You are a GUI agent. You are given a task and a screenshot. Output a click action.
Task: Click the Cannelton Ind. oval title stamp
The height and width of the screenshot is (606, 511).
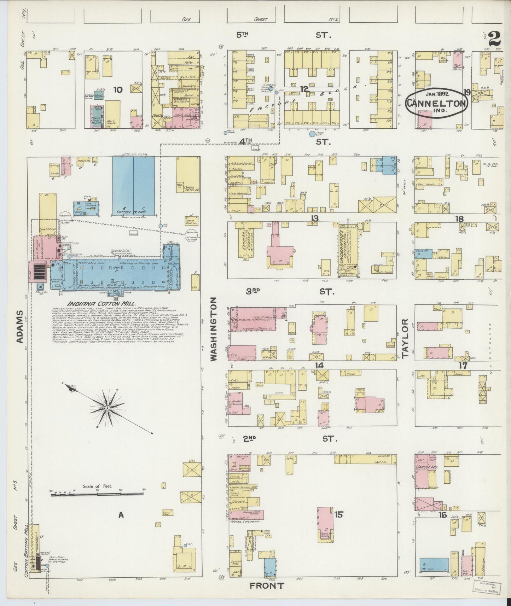(436, 103)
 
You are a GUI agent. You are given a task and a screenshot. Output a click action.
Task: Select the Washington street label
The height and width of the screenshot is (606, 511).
(214, 329)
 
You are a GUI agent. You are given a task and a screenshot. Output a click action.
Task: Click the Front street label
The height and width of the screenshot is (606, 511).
(267, 585)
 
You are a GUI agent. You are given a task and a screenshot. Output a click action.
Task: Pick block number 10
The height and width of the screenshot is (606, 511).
(118, 90)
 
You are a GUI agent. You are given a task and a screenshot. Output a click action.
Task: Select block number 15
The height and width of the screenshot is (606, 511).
(339, 514)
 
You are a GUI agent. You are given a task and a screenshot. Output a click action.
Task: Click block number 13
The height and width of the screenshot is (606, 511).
(314, 218)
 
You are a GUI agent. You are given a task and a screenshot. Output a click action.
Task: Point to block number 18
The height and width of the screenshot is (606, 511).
(459, 219)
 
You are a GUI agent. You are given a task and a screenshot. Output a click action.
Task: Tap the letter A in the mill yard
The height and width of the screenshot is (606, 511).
(121, 515)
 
